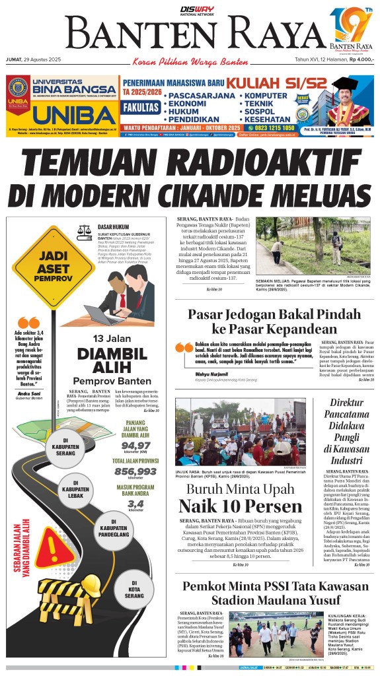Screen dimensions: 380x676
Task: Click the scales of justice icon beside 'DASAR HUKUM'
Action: click(x=86, y=230)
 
